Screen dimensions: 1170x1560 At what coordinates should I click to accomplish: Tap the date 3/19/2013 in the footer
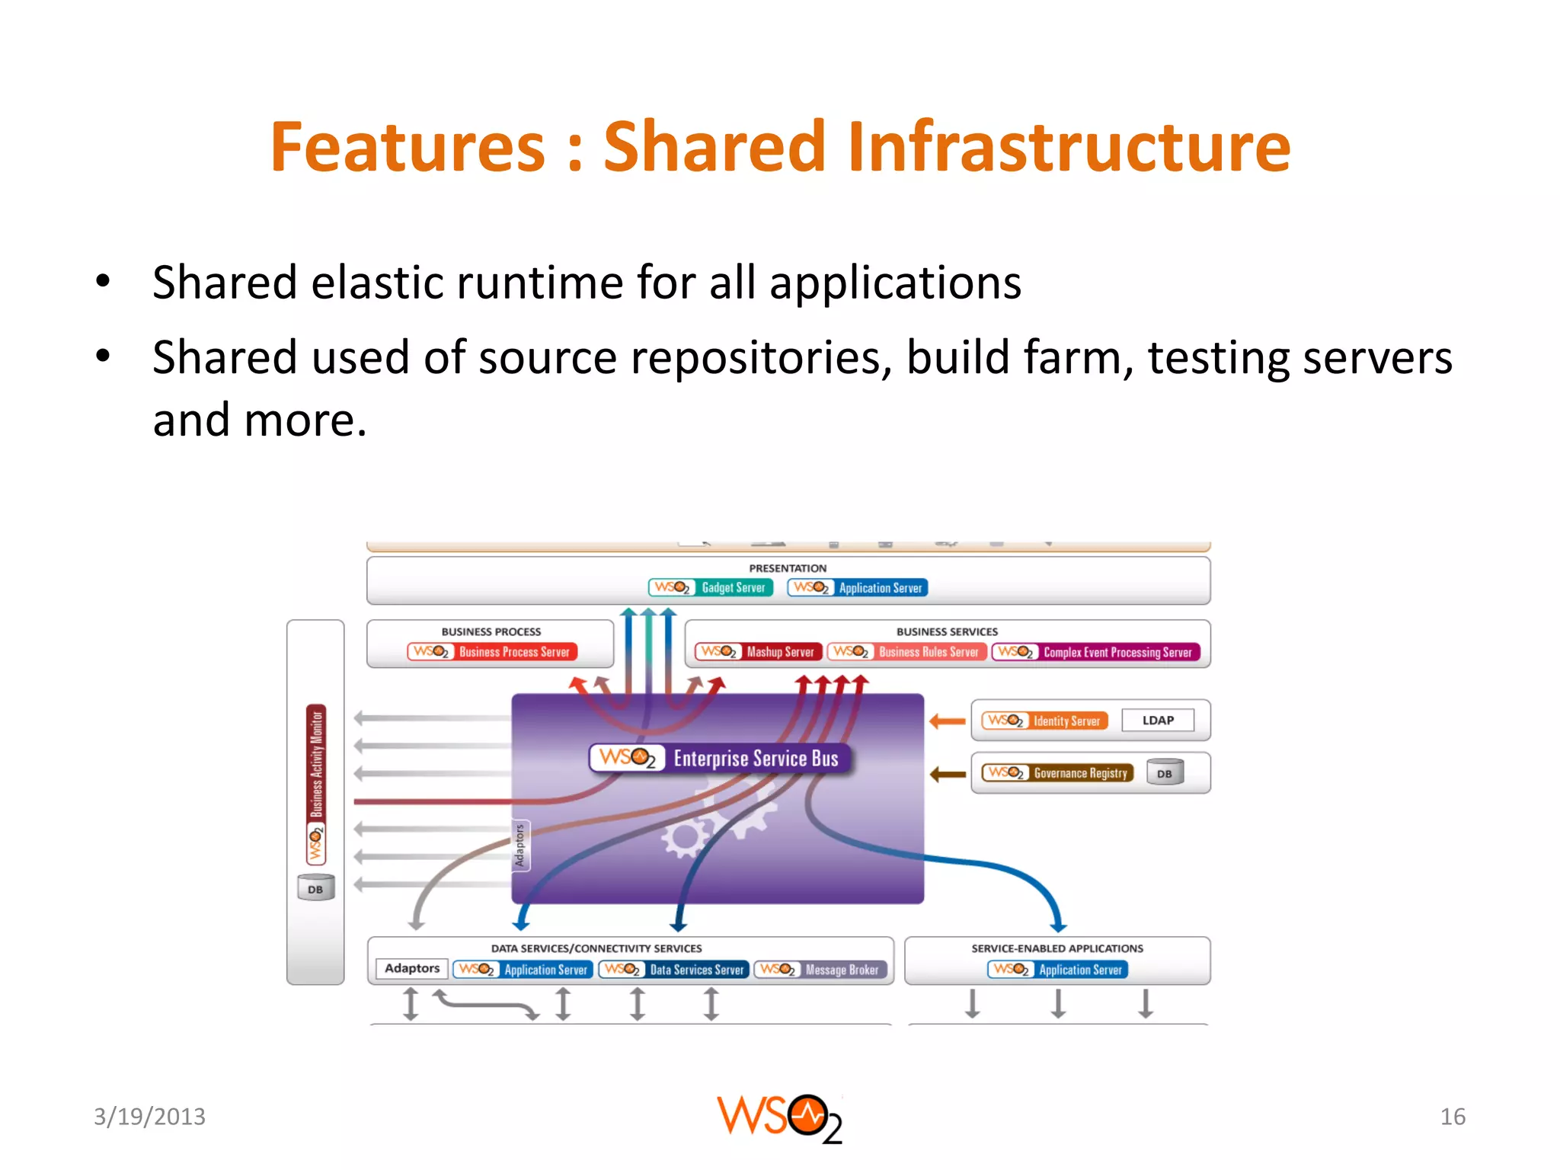[149, 1117]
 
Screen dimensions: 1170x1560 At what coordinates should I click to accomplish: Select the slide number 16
[1452, 1117]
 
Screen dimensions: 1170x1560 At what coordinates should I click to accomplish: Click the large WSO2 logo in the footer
[779, 1118]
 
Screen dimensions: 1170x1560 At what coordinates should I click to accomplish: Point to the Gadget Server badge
[711, 587]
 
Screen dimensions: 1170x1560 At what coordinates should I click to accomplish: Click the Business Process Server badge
[492, 652]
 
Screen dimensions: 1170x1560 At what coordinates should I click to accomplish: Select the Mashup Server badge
[759, 652]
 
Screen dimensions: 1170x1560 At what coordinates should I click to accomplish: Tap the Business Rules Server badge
[906, 652]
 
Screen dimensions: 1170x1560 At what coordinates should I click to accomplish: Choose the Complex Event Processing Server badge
[1096, 652]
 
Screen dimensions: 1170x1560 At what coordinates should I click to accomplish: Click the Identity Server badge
[1044, 721]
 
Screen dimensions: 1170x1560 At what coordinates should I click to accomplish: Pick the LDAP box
[1157, 721]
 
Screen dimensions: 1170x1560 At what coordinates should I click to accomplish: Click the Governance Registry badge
[1057, 773]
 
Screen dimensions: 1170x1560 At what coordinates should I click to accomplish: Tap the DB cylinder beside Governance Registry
[1165, 773]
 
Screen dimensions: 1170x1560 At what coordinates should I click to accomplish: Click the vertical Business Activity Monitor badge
[316, 785]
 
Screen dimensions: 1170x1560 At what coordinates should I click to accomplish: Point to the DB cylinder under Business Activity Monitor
[315, 888]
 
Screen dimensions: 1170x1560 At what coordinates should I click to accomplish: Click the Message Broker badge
[821, 970]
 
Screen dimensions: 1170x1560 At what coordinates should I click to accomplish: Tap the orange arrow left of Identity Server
[948, 721]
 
